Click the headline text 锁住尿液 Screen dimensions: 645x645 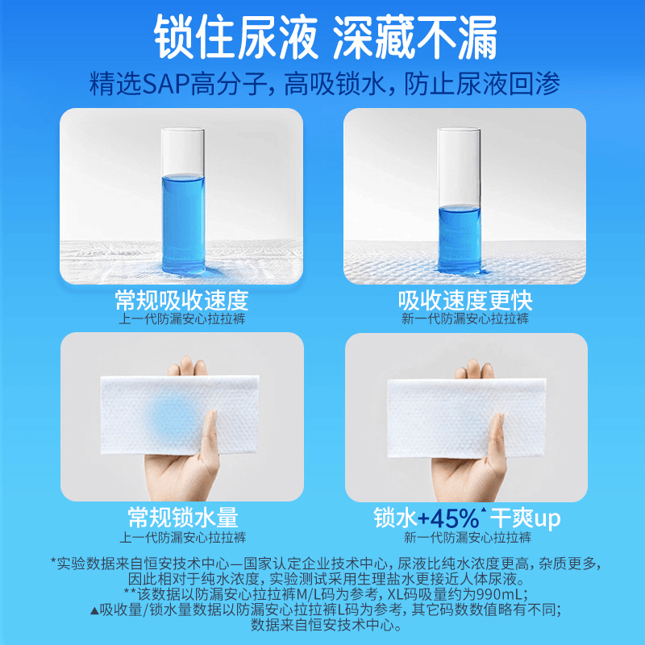pyautogui.click(x=236, y=37)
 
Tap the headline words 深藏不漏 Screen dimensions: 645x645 pyautogui.click(x=415, y=37)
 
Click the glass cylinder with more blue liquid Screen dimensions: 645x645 pyautogui.click(x=183, y=201)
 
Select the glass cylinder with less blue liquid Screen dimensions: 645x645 pyautogui.click(x=459, y=201)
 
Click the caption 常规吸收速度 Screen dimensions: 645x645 pyautogui.click(x=181, y=300)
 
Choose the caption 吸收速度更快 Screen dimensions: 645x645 pyautogui.click(x=465, y=300)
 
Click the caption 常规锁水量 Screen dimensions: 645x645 pyautogui.click(x=183, y=517)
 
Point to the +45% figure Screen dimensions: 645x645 pyautogui.click(x=449, y=518)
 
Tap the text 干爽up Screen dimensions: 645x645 pyautogui.click(x=525, y=518)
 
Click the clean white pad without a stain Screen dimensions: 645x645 pyautogui.click(x=467, y=418)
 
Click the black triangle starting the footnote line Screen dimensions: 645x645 pyautogui.click(x=94, y=611)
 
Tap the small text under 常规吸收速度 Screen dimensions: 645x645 pyautogui.click(x=182, y=318)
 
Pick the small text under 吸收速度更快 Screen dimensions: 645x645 pyautogui.click(x=465, y=318)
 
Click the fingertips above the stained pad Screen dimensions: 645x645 pyautogui.click(x=188, y=366)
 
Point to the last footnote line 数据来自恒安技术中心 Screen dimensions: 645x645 pyautogui.click(x=326, y=626)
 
